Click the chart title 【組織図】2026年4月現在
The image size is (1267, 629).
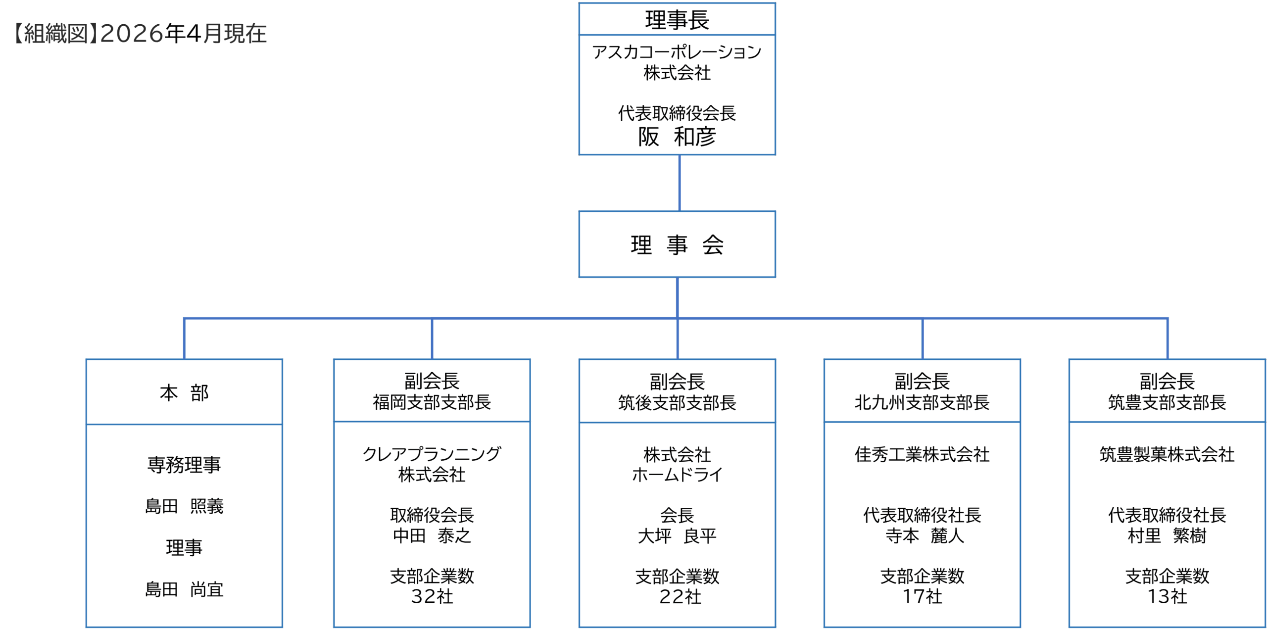tap(140, 34)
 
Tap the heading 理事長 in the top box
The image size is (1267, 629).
tap(677, 20)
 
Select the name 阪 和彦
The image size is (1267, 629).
tap(677, 137)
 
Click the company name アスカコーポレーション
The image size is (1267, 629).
tap(677, 52)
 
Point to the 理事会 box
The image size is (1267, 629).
tap(677, 244)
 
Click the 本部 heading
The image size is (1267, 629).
tap(184, 393)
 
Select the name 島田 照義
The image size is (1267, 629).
tap(184, 506)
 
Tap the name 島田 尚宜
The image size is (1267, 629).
tap(184, 589)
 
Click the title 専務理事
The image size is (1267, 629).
tap(184, 465)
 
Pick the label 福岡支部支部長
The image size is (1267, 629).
tap(432, 402)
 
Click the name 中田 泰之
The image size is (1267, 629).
tap(432, 535)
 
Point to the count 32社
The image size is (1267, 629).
tap(432, 597)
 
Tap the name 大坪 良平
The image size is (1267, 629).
tap(677, 536)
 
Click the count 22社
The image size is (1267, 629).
tap(680, 597)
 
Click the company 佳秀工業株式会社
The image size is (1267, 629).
tap(922, 454)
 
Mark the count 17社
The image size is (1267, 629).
tap(922, 597)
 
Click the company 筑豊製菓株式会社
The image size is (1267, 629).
tap(1167, 454)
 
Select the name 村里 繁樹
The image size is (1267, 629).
tap(1167, 535)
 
